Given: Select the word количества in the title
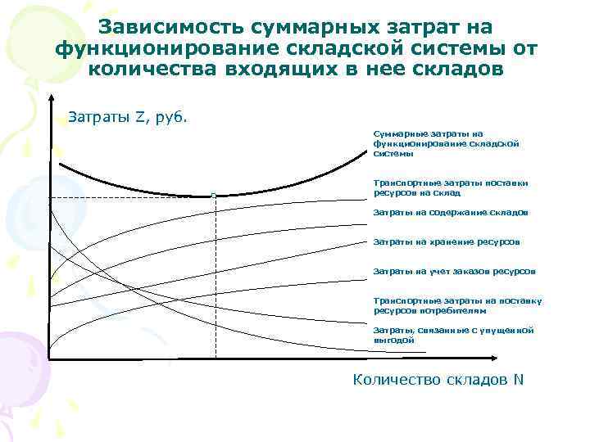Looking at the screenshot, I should (147, 69).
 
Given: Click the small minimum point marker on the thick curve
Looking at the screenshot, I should (213, 196).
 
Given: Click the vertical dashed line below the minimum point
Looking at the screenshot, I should (215, 278).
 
